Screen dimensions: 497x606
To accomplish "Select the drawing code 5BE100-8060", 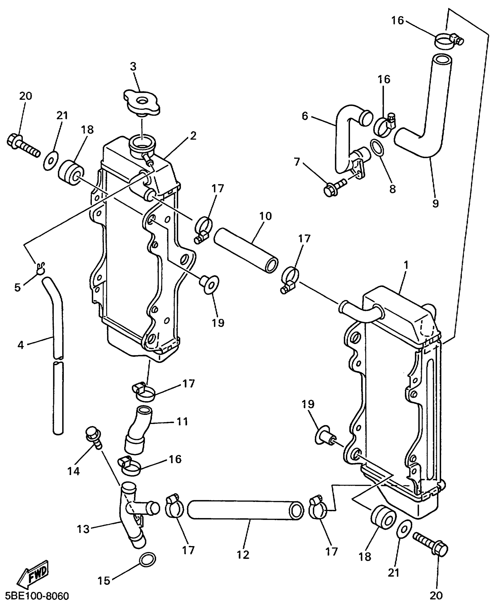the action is [37, 596].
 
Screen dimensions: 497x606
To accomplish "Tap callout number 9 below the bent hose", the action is [435, 203].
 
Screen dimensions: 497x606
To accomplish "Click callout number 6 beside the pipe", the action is [305, 116].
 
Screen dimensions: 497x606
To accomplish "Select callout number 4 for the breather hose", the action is [20, 345].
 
